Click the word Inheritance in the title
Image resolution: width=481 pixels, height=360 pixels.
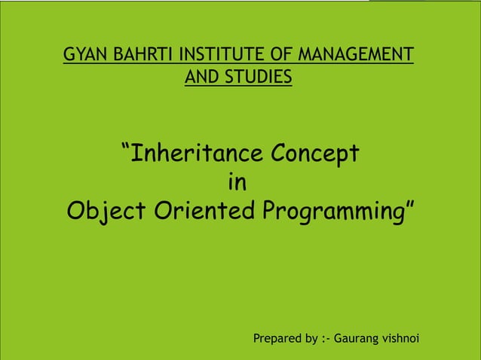click(198, 154)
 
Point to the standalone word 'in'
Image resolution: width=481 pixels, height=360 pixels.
click(237, 183)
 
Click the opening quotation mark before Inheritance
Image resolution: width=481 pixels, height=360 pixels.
click(126, 146)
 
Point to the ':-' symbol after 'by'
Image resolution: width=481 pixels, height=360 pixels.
click(326, 339)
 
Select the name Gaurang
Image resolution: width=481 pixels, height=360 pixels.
click(359, 340)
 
